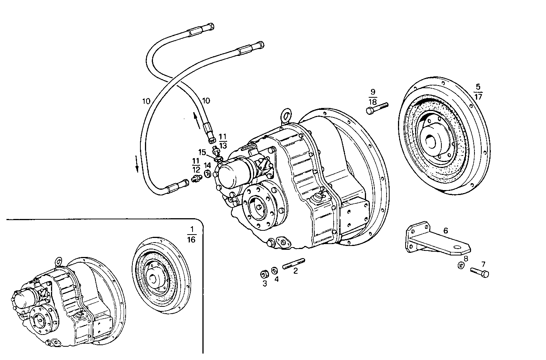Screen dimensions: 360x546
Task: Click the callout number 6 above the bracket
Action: pyautogui.click(x=446, y=230)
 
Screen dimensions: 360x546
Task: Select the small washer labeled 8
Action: pyautogui.click(x=460, y=265)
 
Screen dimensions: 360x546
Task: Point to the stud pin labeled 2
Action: pyautogui.click(x=293, y=264)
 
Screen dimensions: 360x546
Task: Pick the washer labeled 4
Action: pyautogui.click(x=274, y=272)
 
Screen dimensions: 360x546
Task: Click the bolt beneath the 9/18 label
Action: pyautogui.click(x=377, y=108)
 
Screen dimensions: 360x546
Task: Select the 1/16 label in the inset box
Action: pyautogui.click(x=191, y=234)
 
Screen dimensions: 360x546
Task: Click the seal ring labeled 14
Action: pyautogui.click(x=208, y=174)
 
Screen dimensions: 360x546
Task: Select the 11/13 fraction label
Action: pyautogui.click(x=223, y=140)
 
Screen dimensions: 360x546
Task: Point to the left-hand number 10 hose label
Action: pyautogui.click(x=146, y=101)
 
